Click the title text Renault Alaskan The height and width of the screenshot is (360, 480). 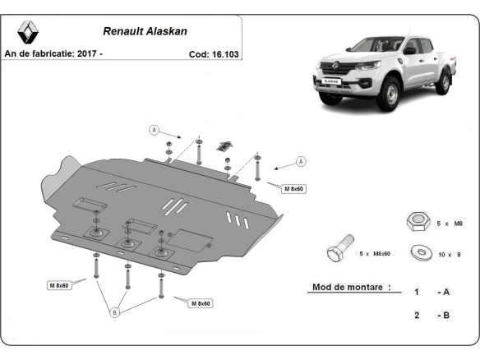[145, 32]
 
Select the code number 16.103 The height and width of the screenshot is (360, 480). [224, 53]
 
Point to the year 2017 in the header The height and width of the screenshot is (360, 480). [89, 53]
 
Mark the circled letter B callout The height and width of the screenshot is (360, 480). [114, 312]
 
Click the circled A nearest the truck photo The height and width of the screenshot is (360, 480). [301, 160]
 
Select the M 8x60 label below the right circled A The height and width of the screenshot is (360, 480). [294, 189]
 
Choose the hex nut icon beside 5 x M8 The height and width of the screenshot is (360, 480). [417, 220]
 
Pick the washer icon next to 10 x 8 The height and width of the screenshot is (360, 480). [421, 253]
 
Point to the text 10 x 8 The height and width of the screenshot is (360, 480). [450, 254]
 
